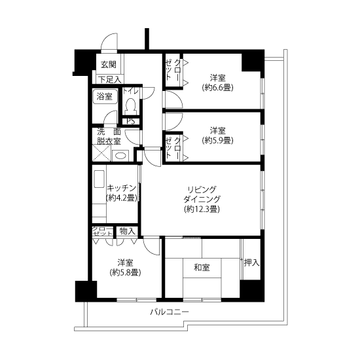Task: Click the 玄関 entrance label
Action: tap(109, 65)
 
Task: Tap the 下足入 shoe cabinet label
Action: tap(110, 79)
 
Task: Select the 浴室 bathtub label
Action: tap(105, 96)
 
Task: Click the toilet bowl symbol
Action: tap(131, 106)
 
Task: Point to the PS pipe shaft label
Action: tap(131, 121)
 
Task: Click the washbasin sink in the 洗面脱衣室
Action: tap(120, 156)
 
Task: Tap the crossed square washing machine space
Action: tap(101, 153)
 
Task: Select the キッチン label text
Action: tap(122, 188)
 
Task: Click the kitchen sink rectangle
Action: tap(99, 179)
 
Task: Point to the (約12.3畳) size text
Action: tap(202, 209)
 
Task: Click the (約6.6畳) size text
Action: tap(217, 88)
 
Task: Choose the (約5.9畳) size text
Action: tap(218, 140)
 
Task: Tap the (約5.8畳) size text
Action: tap(125, 272)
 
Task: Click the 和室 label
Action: tap(202, 268)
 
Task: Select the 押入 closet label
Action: tap(251, 262)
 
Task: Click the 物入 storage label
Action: tap(127, 231)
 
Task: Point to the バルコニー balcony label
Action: tap(170, 312)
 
